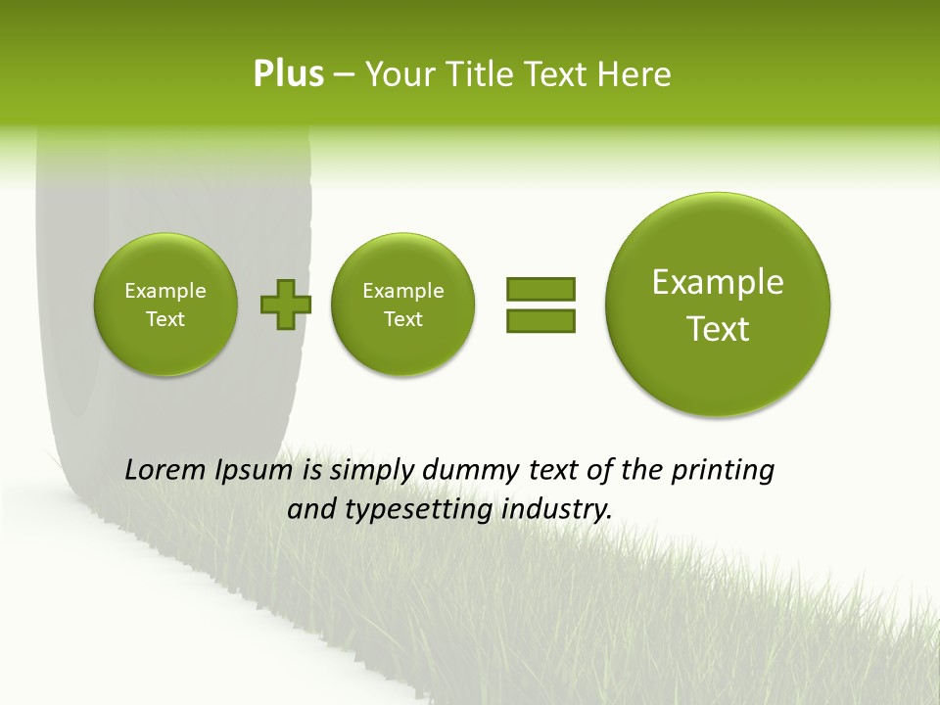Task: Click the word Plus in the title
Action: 288,74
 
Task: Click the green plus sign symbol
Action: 285,305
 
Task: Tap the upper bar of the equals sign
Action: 540,289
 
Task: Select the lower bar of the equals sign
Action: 540,320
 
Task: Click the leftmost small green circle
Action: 165,305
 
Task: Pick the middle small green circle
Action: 403,305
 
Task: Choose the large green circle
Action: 718,305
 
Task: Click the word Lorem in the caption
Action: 166,470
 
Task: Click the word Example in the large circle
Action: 718,282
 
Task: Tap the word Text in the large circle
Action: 718,329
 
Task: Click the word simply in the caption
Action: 377,471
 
